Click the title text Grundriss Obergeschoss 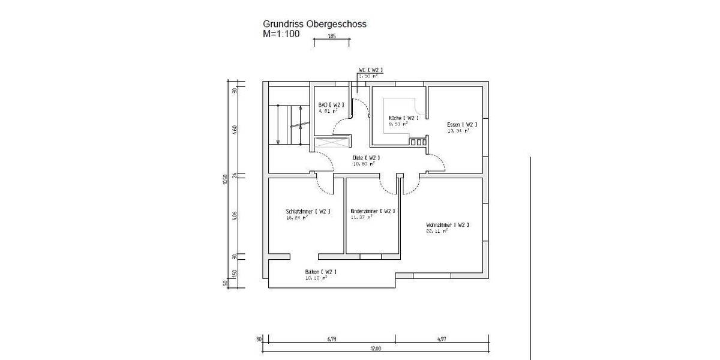pyautogui.click(x=314, y=24)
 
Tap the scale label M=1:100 pyautogui.click(x=281, y=34)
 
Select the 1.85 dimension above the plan pyautogui.click(x=331, y=37)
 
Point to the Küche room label pyautogui.click(x=403, y=118)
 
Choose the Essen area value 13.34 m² pyautogui.click(x=458, y=130)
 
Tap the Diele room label pyautogui.click(x=366, y=158)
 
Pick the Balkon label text pyautogui.click(x=320, y=272)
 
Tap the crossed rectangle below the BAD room pyautogui.click(x=331, y=144)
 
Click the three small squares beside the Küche pyautogui.click(x=417, y=142)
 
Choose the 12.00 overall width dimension pyautogui.click(x=376, y=349)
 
